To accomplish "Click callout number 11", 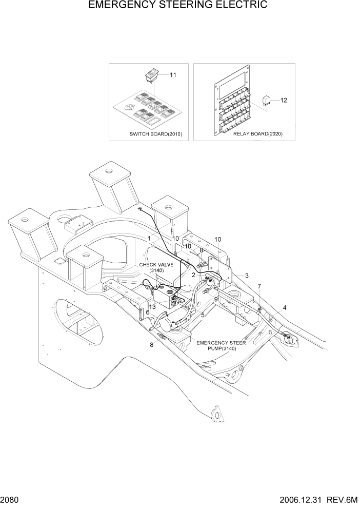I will click(173, 75).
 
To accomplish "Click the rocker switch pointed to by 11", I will click(151, 76).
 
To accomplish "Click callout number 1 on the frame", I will click(149, 239).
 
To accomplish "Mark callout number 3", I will click(247, 276).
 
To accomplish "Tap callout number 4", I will click(285, 308).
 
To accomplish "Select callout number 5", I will click(203, 315).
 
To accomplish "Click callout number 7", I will click(259, 286).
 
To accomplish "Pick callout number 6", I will click(147, 312).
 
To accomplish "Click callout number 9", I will click(216, 299).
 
